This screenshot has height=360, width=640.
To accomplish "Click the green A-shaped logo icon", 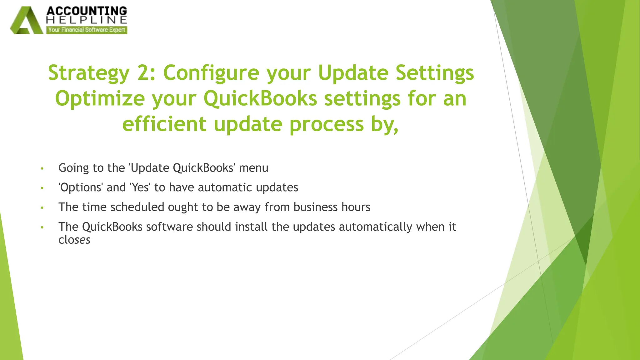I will tap(27, 21).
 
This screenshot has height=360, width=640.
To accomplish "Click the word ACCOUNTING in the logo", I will tap(87, 11).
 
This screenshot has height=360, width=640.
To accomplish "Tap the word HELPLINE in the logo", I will tap(87, 20).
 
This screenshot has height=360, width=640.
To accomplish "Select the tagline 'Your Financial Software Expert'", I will tap(87, 30).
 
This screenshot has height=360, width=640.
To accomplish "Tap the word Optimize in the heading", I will tap(100, 99).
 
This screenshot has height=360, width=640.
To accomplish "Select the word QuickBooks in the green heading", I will tap(260, 99).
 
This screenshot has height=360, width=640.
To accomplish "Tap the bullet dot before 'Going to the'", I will tap(42, 169).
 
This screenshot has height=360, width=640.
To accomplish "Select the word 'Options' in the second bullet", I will tap(81, 188).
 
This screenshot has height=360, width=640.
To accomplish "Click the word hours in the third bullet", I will tap(356, 207).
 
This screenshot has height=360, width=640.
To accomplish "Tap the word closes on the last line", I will tap(74, 240).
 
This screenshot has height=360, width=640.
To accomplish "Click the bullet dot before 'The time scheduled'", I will tap(42, 208).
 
